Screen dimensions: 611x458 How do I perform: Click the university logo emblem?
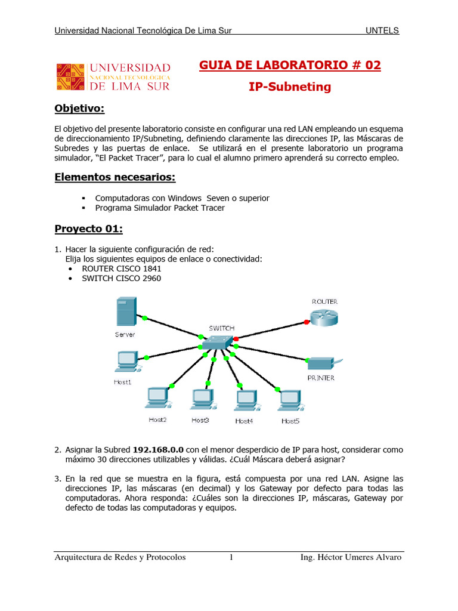coord(72,78)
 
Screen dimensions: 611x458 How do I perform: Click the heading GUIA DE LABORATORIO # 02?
coord(290,66)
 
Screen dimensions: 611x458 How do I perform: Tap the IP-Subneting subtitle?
coord(290,87)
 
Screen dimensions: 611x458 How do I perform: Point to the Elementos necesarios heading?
coord(115,177)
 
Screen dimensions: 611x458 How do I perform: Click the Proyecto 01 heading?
coord(88,229)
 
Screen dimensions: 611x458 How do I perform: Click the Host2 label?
coord(157,420)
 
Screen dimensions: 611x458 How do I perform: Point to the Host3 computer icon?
coord(202,399)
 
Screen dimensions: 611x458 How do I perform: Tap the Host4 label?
coord(244,421)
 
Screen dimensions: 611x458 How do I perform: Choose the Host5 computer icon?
coord(290,400)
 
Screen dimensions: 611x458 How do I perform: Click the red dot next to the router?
coord(307,322)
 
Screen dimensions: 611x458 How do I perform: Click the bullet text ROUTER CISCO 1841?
coord(122,269)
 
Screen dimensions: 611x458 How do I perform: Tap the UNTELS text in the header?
coord(382,30)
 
